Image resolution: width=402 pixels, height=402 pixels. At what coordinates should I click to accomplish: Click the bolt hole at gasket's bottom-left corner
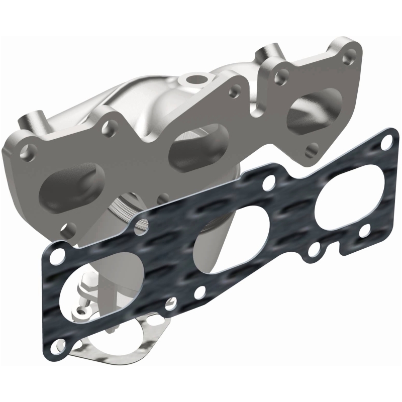pyautogui.click(x=61, y=343)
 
